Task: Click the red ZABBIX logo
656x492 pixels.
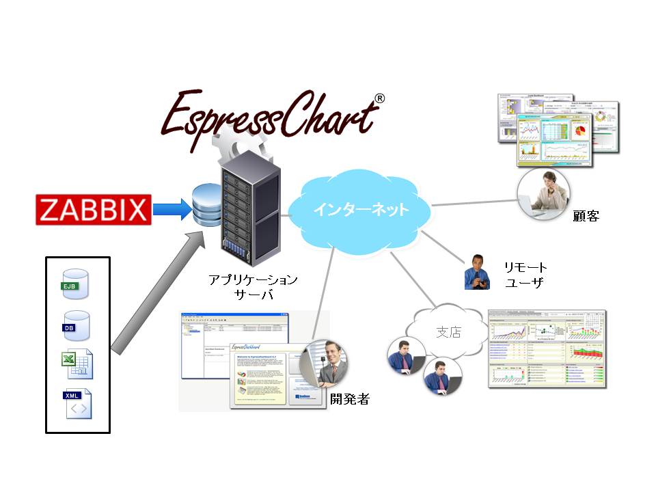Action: pyautogui.click(x=94, y=210)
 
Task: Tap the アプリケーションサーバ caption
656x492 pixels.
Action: pyautogui.click(x=254, y=287)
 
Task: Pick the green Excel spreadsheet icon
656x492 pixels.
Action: pyautogui.click(x=79, y=363)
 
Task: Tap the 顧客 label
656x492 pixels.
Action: pyautogui.click(x=586, y=216)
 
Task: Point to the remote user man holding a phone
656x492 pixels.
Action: pyautogui.click(x=477, y=273)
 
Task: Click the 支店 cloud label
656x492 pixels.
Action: pyautogui.click(x=448, y=332)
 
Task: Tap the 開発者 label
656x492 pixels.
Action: pyautogui.click(x=349, y=399)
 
